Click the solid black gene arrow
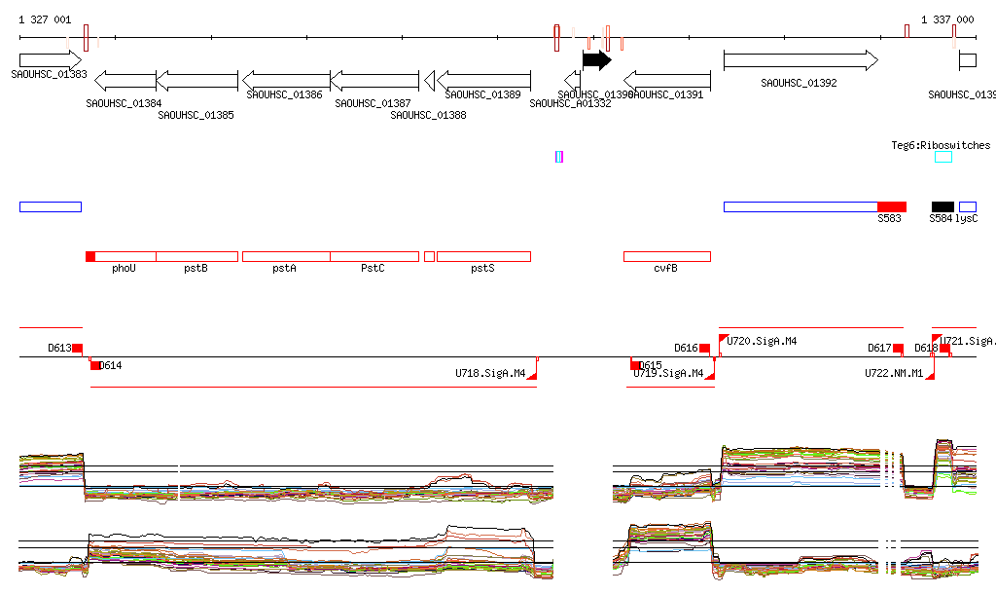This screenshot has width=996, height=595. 596,60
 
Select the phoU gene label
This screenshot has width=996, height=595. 124,268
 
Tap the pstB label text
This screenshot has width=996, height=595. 196,268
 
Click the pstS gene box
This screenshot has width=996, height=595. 483,256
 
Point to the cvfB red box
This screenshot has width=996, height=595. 666,256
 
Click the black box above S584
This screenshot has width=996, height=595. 943,206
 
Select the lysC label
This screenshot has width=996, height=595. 967,219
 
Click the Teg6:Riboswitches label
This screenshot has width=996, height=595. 941,146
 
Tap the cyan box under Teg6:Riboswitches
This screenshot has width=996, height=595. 943,157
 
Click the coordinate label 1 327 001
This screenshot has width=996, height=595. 45,19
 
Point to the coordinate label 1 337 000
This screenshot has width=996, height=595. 947,19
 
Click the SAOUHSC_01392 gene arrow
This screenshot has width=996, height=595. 800,60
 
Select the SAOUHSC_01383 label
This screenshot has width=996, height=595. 49,74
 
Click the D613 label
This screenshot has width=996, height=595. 59,348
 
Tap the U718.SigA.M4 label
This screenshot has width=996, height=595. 490,373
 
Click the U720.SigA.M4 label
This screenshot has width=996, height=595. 763,341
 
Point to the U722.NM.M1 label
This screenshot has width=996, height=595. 894,373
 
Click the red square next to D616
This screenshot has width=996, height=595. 705,348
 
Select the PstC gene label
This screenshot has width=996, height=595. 373,268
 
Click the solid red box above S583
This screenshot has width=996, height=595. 891,206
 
